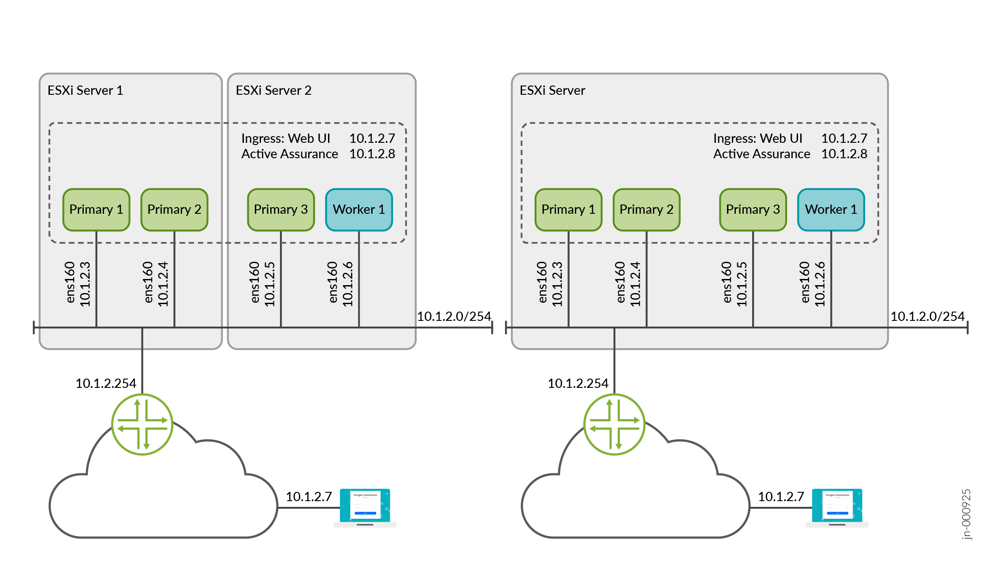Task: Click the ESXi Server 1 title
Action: tap(85, 90)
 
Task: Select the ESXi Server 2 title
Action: tap(273, 90)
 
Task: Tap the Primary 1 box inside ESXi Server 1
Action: tap(96, 209)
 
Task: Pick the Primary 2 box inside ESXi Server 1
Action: tap(174, 209)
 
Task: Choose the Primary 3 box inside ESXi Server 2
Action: tap(281, 209)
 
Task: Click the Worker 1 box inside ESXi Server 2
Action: tap(359, 209)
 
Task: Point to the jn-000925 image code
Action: tap(966, 514)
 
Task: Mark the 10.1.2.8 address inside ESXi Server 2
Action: tap(372, 154)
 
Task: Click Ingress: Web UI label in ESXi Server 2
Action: tap(286, 138)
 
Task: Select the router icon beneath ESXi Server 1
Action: tap(142, 424)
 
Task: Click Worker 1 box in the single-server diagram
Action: tap(831, 209)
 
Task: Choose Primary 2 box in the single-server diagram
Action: tap(646, 209)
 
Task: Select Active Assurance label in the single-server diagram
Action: tap(761, 154)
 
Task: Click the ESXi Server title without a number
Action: tap(552, 90)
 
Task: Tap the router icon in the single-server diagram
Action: tap(614, 424)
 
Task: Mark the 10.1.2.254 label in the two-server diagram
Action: tap(106, 383)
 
